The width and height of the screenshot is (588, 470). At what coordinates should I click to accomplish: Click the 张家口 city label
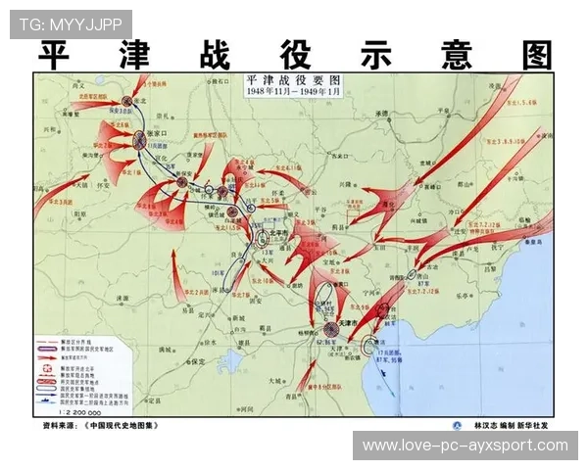click(x=160, y=133)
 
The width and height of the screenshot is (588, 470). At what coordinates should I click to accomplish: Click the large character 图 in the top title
click(x=537, y=56)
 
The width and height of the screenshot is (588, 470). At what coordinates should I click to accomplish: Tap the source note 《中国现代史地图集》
click(x=119, y=426)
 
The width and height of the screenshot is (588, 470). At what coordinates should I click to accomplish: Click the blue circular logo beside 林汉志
click(x=456, y=426)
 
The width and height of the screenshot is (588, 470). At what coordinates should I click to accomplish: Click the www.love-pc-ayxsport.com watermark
click(x=465, y=446)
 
